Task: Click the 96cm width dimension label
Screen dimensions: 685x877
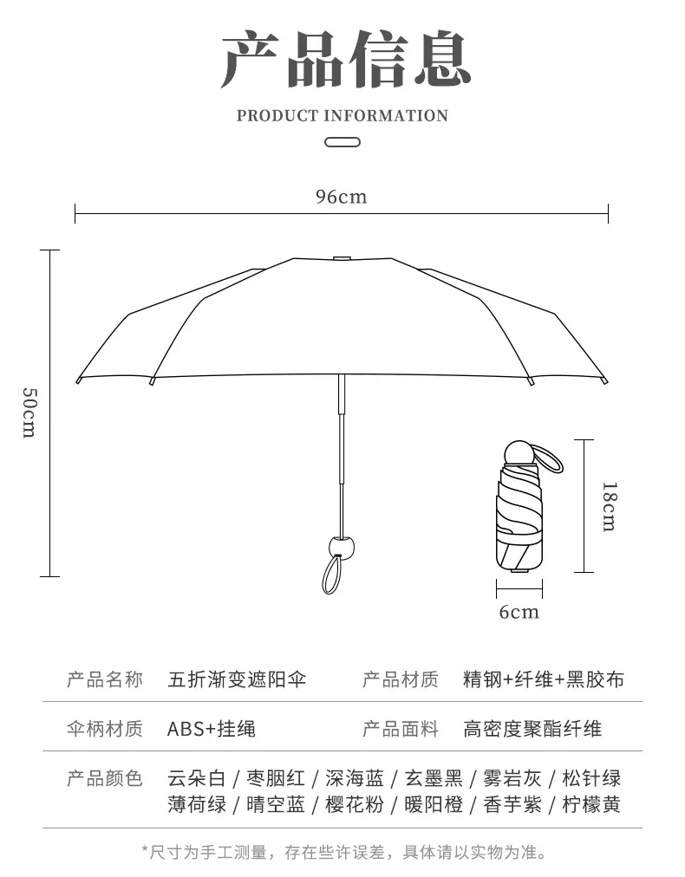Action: coord(342,197)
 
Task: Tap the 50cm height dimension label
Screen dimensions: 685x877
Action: coord(29,413)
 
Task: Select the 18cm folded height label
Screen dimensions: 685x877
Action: coord(610,506)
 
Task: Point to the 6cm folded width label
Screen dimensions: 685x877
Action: coord(519,611)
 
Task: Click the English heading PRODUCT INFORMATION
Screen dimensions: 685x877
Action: coord(342,116)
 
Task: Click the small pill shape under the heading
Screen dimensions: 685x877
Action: coord(342,142)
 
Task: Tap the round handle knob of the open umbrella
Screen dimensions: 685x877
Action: coord(342,547)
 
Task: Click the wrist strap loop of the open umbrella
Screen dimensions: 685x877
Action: coord(332,575)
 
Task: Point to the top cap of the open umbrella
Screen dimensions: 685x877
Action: coord(342,258)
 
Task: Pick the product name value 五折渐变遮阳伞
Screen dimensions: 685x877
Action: coord(238,679)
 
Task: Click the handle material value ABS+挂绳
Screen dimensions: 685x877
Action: coord(212,729)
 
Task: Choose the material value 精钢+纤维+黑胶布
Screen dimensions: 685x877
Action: coord(544,679)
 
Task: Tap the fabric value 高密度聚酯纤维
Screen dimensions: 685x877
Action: coord(532,729)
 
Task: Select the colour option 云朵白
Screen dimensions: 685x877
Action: coord(197,778)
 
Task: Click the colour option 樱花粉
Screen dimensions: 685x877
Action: coord(355,804)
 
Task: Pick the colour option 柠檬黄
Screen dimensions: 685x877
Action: coord(591,804)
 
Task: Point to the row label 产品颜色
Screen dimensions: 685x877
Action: coord(105,778)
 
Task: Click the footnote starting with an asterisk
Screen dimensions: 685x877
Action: coord(343,853)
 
